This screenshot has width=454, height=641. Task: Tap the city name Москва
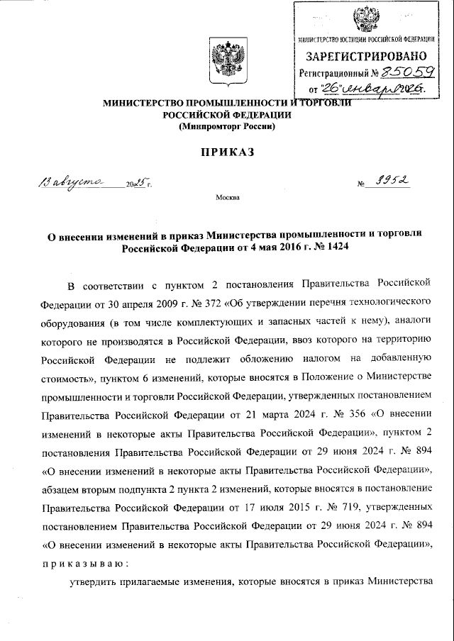pyautogui.click(x=228, y=198)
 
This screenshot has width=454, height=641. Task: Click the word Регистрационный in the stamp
pyautogui.click(x=333, y=72)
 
